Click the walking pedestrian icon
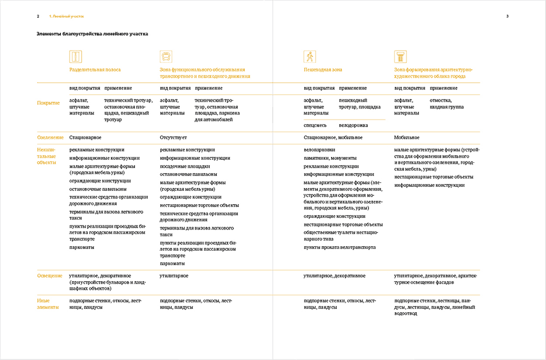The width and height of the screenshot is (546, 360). point(310,56)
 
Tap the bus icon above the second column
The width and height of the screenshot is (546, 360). point(166,56)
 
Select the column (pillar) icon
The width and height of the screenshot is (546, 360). point(400,56)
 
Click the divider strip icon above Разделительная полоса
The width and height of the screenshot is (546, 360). point(75,56)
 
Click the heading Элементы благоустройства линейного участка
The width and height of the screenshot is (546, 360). point(92,34)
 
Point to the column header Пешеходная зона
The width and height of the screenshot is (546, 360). point(322,70)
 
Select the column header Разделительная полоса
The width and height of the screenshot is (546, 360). point(95,70)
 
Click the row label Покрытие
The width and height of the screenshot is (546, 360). point(48,103)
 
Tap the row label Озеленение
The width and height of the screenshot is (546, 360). point(50,137)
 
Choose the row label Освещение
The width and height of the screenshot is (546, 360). point(49,275)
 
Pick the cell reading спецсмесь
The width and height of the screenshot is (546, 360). point(315,125)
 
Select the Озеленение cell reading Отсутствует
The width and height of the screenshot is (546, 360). point(173,137)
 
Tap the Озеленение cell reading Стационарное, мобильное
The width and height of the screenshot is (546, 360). point(333,137)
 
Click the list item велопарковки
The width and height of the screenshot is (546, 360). point(319,150)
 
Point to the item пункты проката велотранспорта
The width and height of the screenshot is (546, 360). point(339,247)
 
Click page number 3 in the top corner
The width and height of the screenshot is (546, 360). point(507,16)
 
